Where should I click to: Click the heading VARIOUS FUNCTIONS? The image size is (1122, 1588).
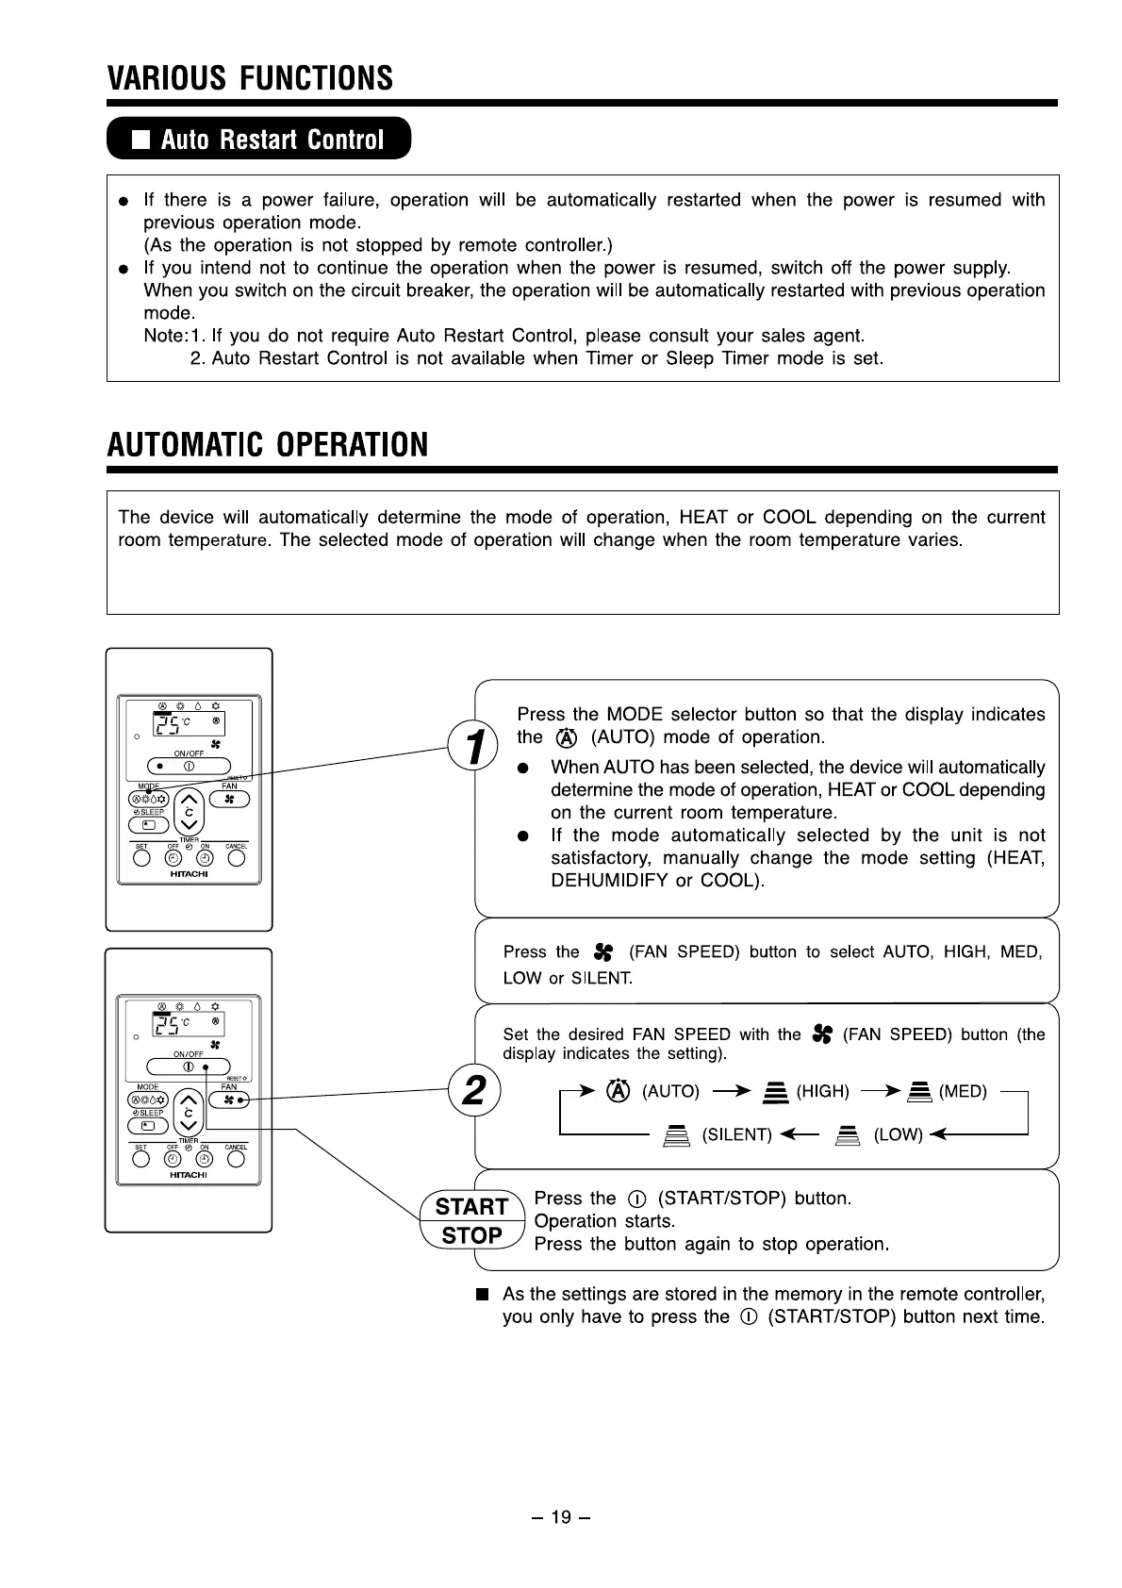pyautogui.click(x=250, y=77)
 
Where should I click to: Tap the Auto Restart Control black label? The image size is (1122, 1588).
pyautogui.click(x=259, y=140)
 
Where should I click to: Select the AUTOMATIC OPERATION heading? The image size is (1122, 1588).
pyautogui.click(x=268, y=444)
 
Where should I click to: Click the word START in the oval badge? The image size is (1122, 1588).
pyautogui.click(x=471, y=1206)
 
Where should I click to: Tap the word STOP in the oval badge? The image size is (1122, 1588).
pyautogui.click(x=471, y=1235)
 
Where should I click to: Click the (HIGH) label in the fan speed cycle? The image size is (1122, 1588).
pyautogui.click(x=822, y=1092)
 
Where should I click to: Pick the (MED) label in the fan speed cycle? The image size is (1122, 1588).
pyautogui.click(x=962, y=1092)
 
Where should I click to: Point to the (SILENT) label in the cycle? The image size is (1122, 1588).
pyautogui.click(x=737, y=1134)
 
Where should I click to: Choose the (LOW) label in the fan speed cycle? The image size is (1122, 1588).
pyautogui.click(x=898, y=1134)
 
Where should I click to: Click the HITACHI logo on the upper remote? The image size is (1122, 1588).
pyautogui.click(x=189, y=873)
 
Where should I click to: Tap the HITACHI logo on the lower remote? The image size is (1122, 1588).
pyautogui.click(x=189, y=1175)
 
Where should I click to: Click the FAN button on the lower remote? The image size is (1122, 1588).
pyautogui.click(x=228, y=1100)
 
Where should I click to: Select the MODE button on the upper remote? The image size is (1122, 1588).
pyautogui.click(x=149, y=800)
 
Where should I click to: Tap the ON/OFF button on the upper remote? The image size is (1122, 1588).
pyautogui.click(x=190, y=766)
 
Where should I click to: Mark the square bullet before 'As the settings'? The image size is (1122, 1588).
pyautogui.click(x=483, y=1294)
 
